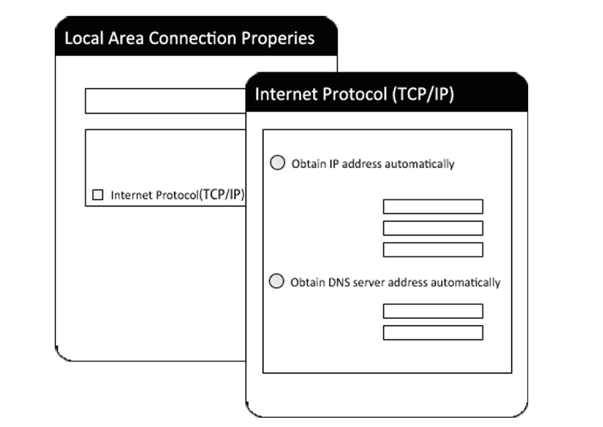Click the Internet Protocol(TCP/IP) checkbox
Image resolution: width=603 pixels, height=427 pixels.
tap(98, 195)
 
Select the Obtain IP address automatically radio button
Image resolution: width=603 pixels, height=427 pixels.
tap(277, 163)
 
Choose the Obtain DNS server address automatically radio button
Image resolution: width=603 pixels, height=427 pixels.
tap(276, 282)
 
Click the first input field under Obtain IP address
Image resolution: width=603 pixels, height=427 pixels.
tap(433, 206)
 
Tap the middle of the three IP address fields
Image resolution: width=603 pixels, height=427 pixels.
tap(433, 228)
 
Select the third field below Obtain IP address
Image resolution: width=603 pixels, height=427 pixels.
tap(433, 249)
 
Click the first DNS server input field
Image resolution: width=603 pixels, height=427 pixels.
tap(433, 311)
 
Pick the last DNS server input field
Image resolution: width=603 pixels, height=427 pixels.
tap(433, 333)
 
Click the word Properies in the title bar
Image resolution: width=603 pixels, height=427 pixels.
tap(283, 39)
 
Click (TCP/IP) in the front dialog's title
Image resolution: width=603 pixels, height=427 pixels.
tap(423, 94)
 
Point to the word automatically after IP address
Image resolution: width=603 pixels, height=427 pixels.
tap(420, 164)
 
